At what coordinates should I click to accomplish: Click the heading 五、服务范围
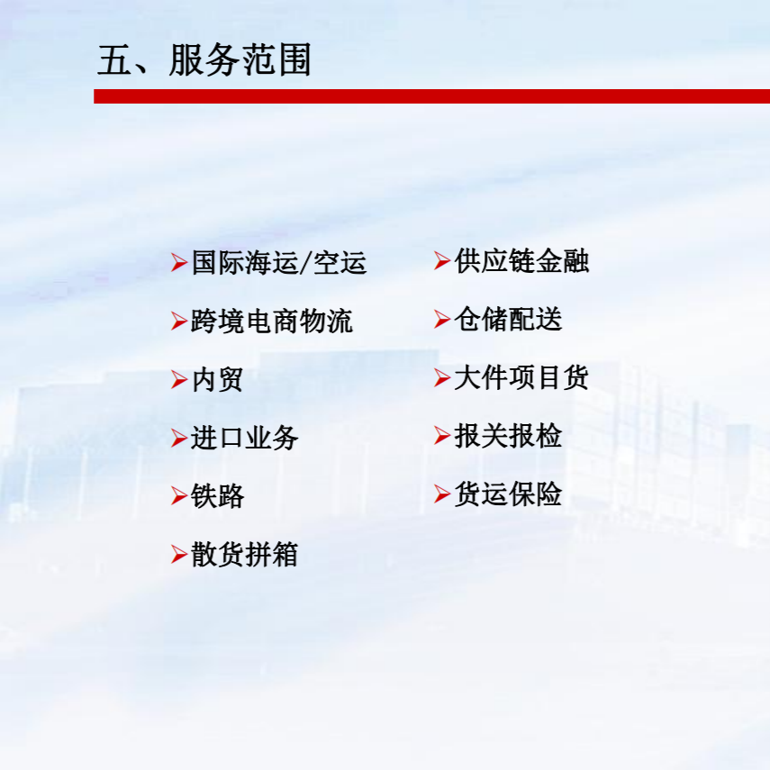coord(204,60)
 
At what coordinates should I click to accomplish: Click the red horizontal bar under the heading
coord(431,96)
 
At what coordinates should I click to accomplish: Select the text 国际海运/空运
coord(279,262)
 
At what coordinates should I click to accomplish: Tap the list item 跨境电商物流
coord(272,322)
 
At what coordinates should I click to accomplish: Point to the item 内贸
coord(217,380)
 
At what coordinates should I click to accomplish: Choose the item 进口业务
coord(244,438)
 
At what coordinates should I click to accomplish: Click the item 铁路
coord(217,496)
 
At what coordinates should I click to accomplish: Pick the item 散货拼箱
coord(244,555)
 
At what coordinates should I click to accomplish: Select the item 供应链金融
coord(521,260)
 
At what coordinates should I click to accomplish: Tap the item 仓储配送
coord(508,319)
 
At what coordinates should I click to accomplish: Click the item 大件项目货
coord(521,377)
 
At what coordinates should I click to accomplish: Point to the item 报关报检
coord(508,436)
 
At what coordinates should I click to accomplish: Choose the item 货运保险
coord(508,494)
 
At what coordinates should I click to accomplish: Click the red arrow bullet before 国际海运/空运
coord(179,262)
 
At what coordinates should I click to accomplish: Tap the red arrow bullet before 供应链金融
coord(442,260)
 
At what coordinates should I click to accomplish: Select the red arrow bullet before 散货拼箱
coord(179,555)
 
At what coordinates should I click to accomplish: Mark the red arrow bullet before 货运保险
coord(442,494)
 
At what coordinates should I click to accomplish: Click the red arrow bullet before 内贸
coord(179,380)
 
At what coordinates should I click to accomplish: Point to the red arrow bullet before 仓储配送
coord(442,319)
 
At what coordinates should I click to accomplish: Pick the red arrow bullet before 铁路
coord(179,496)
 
